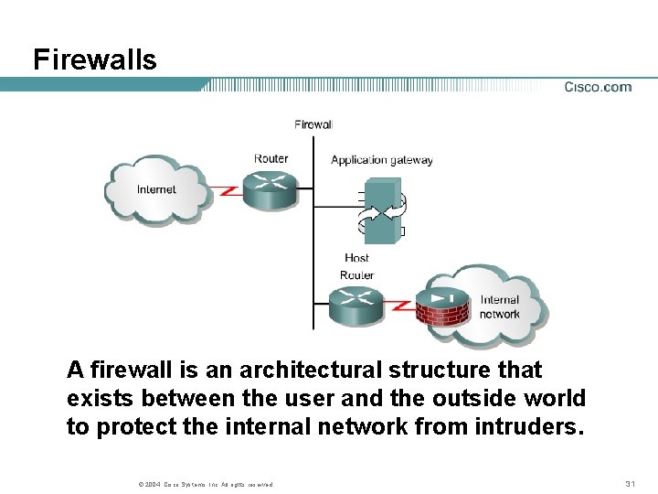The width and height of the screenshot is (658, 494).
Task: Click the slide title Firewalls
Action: (x=94, y=60)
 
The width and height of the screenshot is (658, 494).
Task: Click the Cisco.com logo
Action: (x=598, y=87)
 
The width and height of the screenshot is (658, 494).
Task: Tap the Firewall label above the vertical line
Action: (x=313, y=124)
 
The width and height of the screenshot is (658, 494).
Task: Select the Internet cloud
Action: (x=156, y=188)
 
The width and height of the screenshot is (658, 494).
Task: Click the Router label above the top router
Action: (x=271, y=158)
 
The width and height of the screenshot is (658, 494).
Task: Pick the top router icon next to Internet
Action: (x=271, y=188)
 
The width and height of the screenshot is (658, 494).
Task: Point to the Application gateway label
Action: (x=381, y=159)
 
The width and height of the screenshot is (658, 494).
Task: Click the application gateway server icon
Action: (x=383, y=209)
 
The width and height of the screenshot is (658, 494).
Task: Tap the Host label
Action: (x=356, y=258)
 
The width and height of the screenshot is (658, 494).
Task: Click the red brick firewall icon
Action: (x=442, y=306)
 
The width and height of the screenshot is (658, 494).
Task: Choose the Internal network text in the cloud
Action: (x=499, y=306)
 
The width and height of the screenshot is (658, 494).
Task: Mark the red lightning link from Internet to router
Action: (x=227, y=191)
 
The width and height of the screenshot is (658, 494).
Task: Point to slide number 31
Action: (x=629, y=483)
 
